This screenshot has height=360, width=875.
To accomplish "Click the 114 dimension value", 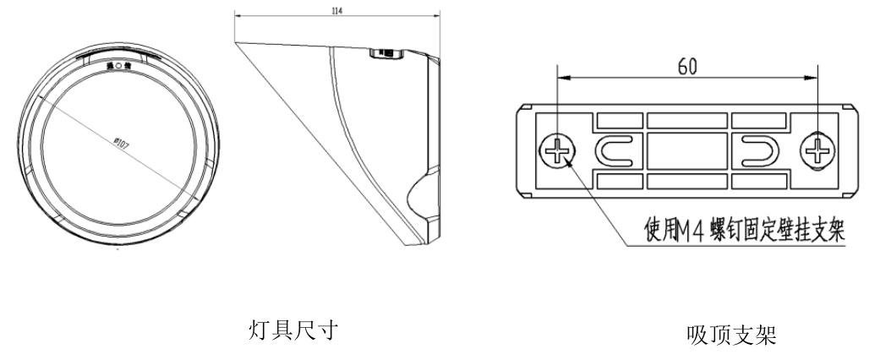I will point(339,11).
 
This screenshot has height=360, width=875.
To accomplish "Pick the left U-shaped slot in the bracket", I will point(615,151).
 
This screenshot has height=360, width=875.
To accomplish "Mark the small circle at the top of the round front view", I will point(119,66).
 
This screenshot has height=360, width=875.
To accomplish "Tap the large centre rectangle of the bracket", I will point(686,152).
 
